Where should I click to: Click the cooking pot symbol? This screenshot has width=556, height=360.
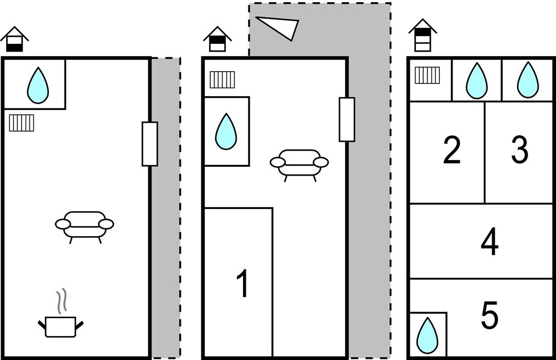pos(61,313)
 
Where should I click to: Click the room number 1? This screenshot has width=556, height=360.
pos(244,283)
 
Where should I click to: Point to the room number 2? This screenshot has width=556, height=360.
pos(451,150)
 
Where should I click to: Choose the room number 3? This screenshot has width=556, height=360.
pos(519,150)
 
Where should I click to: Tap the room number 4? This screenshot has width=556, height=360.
pos(490,242)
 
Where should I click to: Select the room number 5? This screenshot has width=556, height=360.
pos(490,314)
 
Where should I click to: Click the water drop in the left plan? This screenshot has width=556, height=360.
pos(38,86)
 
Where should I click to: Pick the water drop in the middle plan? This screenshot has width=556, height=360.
pos(226,131)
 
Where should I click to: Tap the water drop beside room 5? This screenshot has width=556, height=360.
pos(427,335)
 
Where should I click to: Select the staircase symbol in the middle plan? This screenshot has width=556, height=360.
pos(222,80)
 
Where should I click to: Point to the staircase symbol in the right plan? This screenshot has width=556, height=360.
pos(427,75)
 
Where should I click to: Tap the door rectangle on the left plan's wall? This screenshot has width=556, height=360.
pos(150,144)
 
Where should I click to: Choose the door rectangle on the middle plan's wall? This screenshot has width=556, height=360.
pos(347,119)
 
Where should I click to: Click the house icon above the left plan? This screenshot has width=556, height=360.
pos(14,39)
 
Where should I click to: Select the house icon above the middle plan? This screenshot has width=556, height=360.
pos(217,39)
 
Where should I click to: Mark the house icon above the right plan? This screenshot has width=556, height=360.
pos(423,35)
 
